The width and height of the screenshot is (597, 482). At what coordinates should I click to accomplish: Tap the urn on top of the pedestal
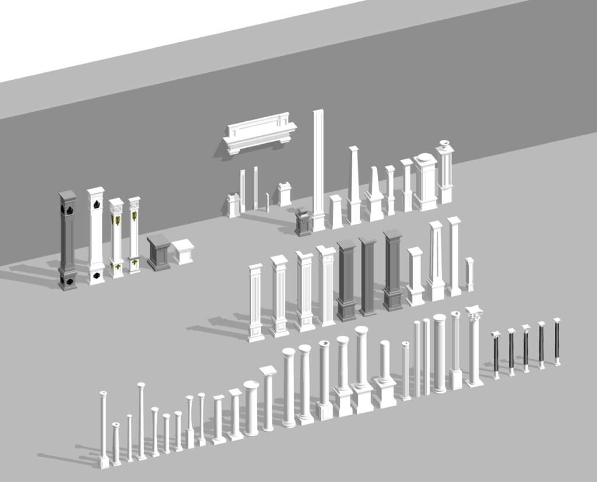point(445,144)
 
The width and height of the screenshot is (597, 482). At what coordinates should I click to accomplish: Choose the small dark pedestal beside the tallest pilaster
point(303,223)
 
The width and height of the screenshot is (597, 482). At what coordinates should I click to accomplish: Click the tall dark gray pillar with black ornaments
point(67,239)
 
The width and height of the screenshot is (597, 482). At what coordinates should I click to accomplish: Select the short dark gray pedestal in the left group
point(159,252)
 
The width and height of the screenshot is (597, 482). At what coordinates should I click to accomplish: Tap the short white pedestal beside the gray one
point(183,251)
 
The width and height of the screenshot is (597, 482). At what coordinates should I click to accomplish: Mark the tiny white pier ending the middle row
point(469,274)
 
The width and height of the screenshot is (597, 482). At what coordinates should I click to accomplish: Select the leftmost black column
point(496,355)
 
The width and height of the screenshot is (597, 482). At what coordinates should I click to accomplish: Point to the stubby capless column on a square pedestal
point(385,373)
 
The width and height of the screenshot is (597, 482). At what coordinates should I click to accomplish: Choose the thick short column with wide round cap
point(251,408)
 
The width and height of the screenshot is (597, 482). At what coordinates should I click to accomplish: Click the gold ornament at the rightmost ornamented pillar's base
point(135,265)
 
